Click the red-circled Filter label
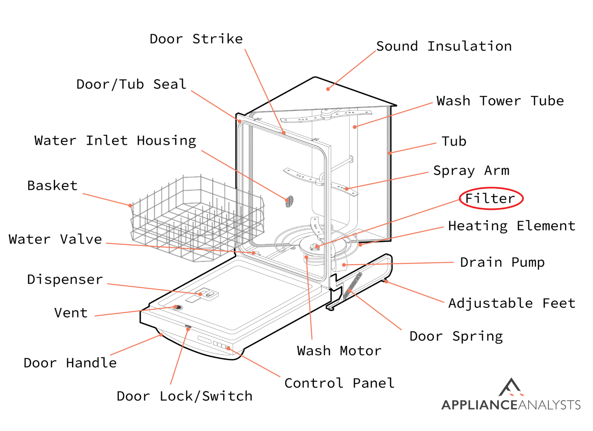[x=490, y=199]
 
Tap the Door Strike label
[x=196, y=39]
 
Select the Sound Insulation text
[x=444, y=46]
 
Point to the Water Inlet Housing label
[x=115, y=141]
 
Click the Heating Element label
[x=512, y=226]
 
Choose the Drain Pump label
[x=502, y=263]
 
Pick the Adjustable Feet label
[x=512, y=304]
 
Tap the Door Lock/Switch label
[x=185, y=396]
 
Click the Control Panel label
[x=339, y=383]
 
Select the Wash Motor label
[x=339, y=351]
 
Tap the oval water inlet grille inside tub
[x=289, y=201]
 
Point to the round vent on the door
[x=178, y=307]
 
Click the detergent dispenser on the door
[x=207, y=294]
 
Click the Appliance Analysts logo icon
[x=511, y=387]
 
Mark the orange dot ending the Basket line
[x=130, y=205]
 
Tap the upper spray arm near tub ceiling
[x=327, y=115]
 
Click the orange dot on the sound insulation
[x=328, y=89]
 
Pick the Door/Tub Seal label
[x=131, y=85]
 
